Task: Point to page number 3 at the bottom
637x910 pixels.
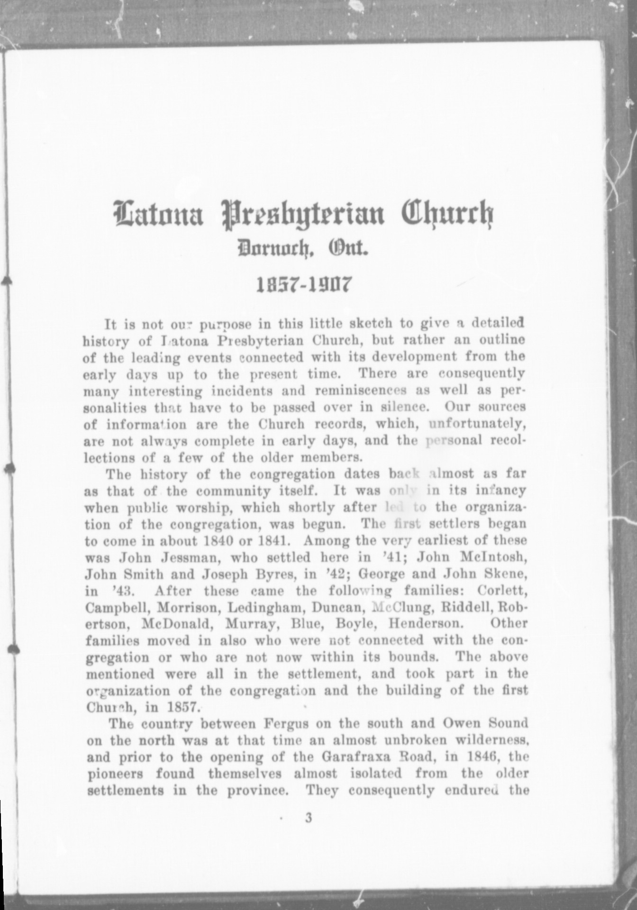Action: click(309, 818)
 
